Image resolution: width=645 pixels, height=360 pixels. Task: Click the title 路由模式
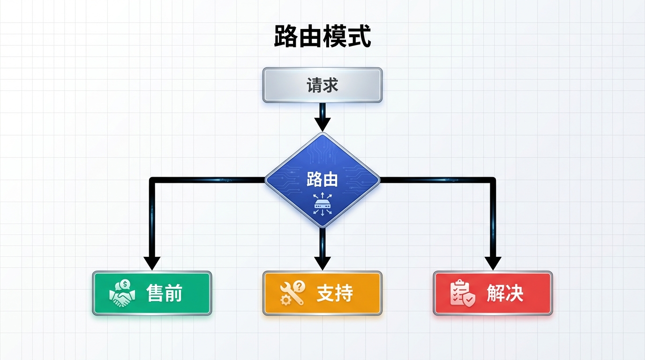(322, 37)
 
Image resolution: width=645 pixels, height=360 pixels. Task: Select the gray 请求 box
(322, 85)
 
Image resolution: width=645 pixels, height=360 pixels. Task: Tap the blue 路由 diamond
(322, 180)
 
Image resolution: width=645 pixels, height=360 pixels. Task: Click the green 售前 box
(152, 293)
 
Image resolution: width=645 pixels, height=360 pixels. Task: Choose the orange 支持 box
(322, 293)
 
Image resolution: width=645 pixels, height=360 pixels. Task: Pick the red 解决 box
(493, 293)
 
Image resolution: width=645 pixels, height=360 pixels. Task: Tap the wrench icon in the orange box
(292, 293)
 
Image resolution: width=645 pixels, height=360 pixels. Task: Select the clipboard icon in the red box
(462, 293)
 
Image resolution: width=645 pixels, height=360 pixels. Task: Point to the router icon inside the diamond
(322, 205)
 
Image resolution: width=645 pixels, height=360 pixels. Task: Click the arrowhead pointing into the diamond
(322, 124)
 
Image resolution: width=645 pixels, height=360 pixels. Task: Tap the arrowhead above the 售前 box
(152, 263)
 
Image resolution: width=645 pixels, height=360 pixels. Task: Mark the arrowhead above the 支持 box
(322, 263)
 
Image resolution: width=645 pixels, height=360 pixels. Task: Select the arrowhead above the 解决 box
(493, 263)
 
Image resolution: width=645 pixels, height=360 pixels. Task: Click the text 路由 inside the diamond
(322, 180)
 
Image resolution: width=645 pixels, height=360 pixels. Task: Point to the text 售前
(164, 293)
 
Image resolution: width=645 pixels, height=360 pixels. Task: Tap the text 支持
(335, 293)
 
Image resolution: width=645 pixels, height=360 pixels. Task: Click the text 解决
(505, 293)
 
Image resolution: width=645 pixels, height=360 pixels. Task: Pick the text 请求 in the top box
(322, 85)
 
